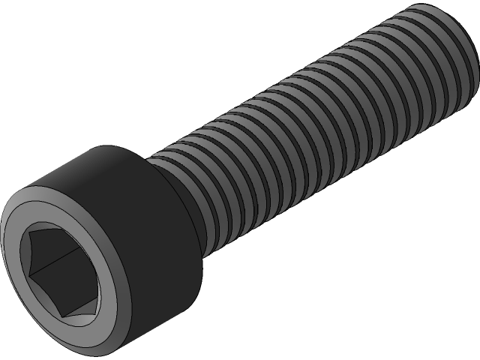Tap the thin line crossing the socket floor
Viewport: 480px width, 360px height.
pyautogui.click(x=52, y=262)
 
